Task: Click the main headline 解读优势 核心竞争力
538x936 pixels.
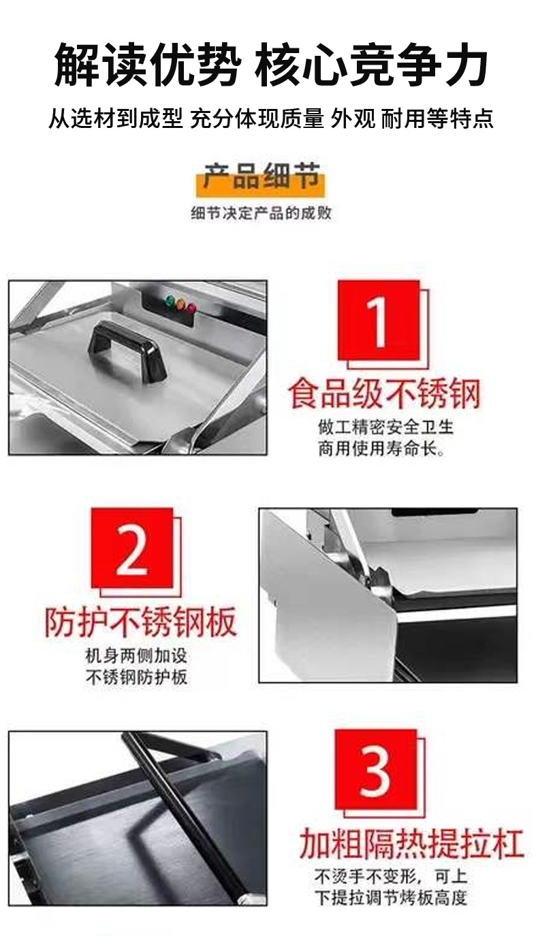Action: click(x=270, y=66)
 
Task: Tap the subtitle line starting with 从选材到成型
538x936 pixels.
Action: click(x=270, y=120)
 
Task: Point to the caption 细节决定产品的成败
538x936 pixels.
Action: click(x=262, y=213)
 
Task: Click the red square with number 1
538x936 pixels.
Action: click(x=379, y=321)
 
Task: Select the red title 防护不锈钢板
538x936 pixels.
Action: click(x=141, y=622)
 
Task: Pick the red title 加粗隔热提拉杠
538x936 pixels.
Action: click(x=411, y=844)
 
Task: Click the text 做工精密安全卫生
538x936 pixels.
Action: click(x=385, y=427)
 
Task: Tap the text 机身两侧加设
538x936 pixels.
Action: click(x=136, y=656)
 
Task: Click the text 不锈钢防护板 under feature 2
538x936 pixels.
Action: click(x=136, y=677)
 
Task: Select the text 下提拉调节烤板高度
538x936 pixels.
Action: click(x=391, y=897)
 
